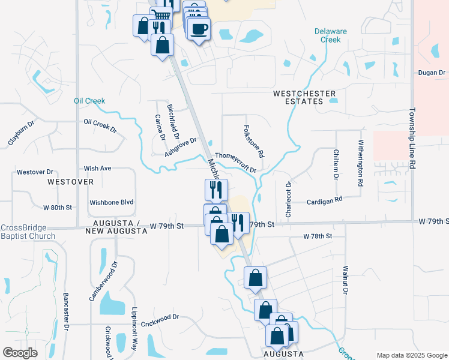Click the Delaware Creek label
(x=330, y=35)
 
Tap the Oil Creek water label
(x=89, y=101)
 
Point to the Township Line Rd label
(x=412, y=137)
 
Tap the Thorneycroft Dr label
(x=236, y=161)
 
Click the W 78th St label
(x=318, y=236)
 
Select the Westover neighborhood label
(x=70, y=181)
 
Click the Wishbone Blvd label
(x=111, y=203)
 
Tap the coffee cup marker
(x=199, y=28)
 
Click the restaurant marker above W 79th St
(x=215, y=190)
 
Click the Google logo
(x=20, y=353)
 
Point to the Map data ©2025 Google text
(x=411, y=355)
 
